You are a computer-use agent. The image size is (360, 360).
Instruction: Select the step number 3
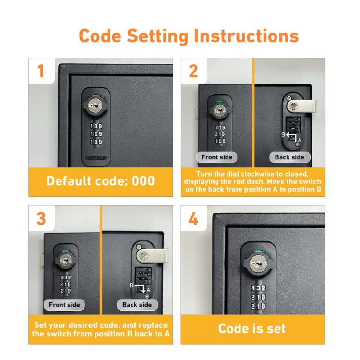41,218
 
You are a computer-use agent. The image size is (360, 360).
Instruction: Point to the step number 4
193,219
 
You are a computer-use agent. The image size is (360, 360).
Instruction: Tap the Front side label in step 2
216,157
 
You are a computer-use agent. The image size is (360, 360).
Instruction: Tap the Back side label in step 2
289,157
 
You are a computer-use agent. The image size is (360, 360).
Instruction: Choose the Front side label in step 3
64,305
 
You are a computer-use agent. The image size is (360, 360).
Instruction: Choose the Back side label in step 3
137,305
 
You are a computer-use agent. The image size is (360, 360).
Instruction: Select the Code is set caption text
252,328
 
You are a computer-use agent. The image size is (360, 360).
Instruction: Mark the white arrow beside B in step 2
291,136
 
